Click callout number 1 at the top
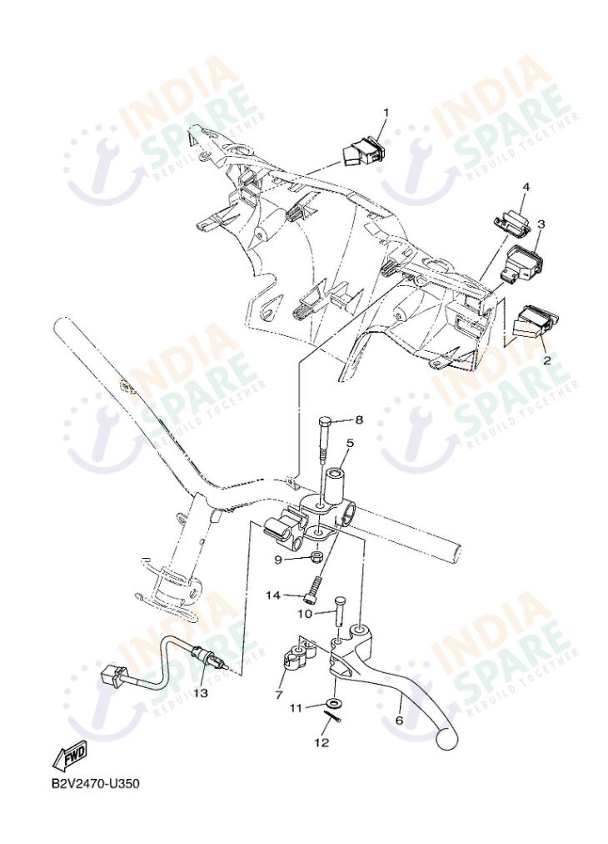[x=386, y=112]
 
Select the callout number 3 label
[x=541, y=224]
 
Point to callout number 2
[x=546, y=360]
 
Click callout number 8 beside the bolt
[x=360, y=419]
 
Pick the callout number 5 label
[x=350, y=444]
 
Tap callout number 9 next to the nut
[x=278, y=560]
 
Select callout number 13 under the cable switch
[x=200, y=692]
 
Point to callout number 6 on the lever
[x=399, y=719]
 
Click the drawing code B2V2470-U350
[x=90, y=785]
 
